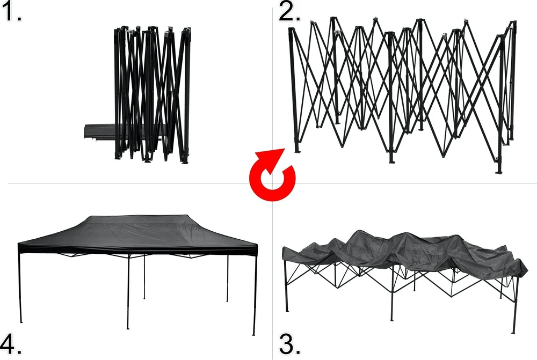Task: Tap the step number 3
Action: pyautogui.click(x=290, y=344)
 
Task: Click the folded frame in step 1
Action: pyautogui.click(x=152, y=94)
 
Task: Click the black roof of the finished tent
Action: pyautogui.click(x=137, y=234)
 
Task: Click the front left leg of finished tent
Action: pyautogui.click(x=20, y=288)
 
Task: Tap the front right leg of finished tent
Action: pyautogui.click(x=255, y=295)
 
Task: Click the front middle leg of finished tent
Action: pyautogui.click(x=128, y=291)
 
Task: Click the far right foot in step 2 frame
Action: pyautogui.click(x=499, y=170)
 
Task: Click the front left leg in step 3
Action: pyautogui.click(x=286, y=286)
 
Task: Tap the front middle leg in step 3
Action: pyautogui.click(x=393, y=295)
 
